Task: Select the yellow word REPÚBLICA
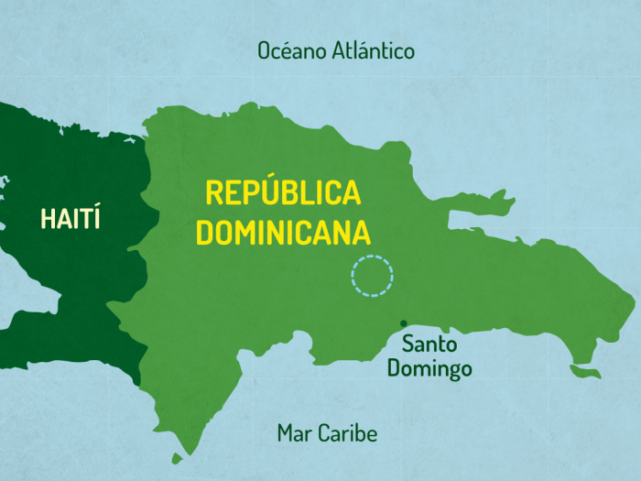[x=283, y=193]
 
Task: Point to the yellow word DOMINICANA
[x=284, y=232]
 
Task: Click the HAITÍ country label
[x=71, y=218]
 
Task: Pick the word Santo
[x=429, y=345]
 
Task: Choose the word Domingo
[x=429, y=368]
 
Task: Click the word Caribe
[x=347, y=433]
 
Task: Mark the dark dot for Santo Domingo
[x=403, y=323]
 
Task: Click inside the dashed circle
[x=373, y=276]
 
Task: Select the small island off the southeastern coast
[x=585, y=372]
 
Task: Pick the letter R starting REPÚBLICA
[x=213, y=193]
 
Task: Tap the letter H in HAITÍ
[x=48, y=218]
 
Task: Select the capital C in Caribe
[x=325, y=433]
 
